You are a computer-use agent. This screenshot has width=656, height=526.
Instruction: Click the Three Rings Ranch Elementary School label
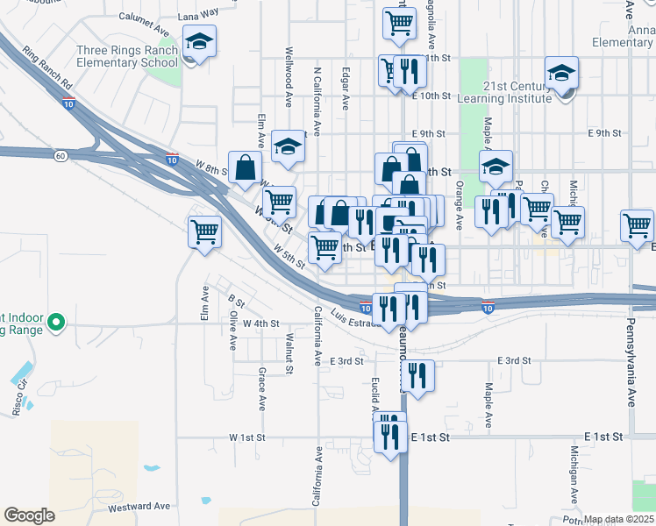click(128, 57)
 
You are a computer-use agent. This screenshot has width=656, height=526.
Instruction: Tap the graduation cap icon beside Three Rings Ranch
click(200, 41)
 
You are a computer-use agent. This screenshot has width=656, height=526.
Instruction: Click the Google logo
click(29, 515)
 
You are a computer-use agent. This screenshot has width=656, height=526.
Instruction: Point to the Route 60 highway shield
click(60, 156)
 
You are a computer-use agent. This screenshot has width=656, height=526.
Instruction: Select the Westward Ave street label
click(139, 507)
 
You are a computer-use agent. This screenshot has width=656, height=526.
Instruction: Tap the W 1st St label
click(246, 437)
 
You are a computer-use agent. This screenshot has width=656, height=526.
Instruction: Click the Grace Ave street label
click(261, 388)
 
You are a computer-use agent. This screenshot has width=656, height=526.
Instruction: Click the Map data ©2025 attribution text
click(619, 520)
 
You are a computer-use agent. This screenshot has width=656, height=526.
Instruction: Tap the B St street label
click(236, 300)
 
